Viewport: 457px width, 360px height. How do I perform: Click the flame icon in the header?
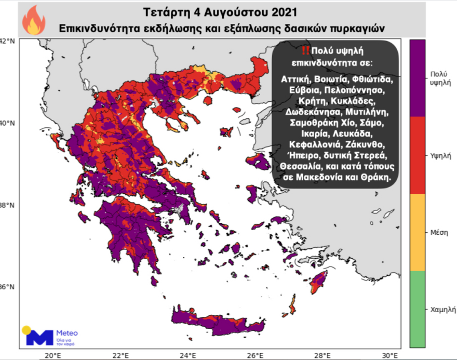point(33,20)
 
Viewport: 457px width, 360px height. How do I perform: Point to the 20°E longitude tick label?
point(52,355)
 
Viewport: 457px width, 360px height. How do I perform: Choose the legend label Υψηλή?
point(440,155)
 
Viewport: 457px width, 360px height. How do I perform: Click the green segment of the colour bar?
point(418,309)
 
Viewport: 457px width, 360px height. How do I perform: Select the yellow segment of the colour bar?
point(418,232)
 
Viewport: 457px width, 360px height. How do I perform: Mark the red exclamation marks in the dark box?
point(306,50)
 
